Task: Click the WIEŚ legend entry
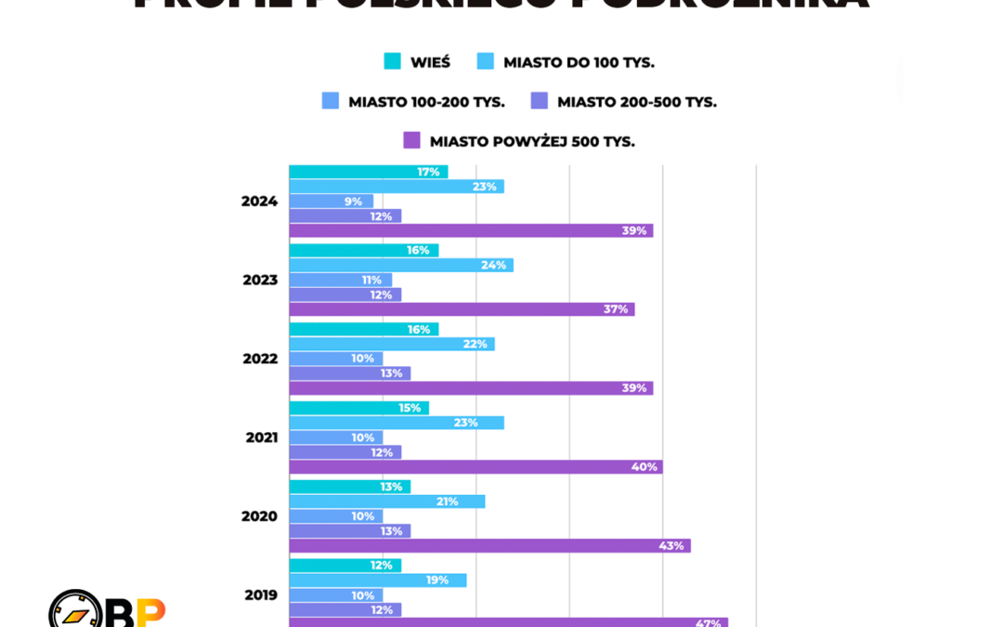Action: pyautogui.click(x=418, y=62)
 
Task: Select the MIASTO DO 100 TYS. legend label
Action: pyautogui.click(x=567, y=62)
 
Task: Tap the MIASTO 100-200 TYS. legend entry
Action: pyautogui.click(x=414, y=101)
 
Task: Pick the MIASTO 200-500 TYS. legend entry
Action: pyautogui.click(x=624, y=101)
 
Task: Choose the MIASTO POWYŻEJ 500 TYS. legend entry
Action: pyautogui.click(x=519, y=141)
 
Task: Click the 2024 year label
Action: pyautogui.click(x=259, y=201)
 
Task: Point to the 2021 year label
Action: pyautogui.click(x=262, y=438)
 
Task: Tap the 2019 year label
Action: pyautogui.click(x=261, y=594)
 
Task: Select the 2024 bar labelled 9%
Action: pyautogui.click(x=331, y=201)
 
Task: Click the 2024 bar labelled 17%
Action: pyautogui.click(x=368, y=172)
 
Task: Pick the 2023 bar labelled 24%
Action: pyautogui.click(x=400, y=265)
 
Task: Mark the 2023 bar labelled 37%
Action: pyautogui.click(x=462, y=308)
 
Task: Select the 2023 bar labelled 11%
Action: pyautogui.click(x=340, y=280)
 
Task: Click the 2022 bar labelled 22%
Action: pyautogui.click(x=391, y=344)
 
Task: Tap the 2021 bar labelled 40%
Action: pyautogui.click(x=475, y=466)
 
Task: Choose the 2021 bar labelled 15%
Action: pyautogui.click(x=358, y=408)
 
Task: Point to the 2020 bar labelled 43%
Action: pyautogui.click(x=489, y=545)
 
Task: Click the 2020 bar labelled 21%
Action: pyautogui.click(x=386, y=502)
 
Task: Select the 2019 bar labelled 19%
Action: pyautogui.click(x=377, y=580)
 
